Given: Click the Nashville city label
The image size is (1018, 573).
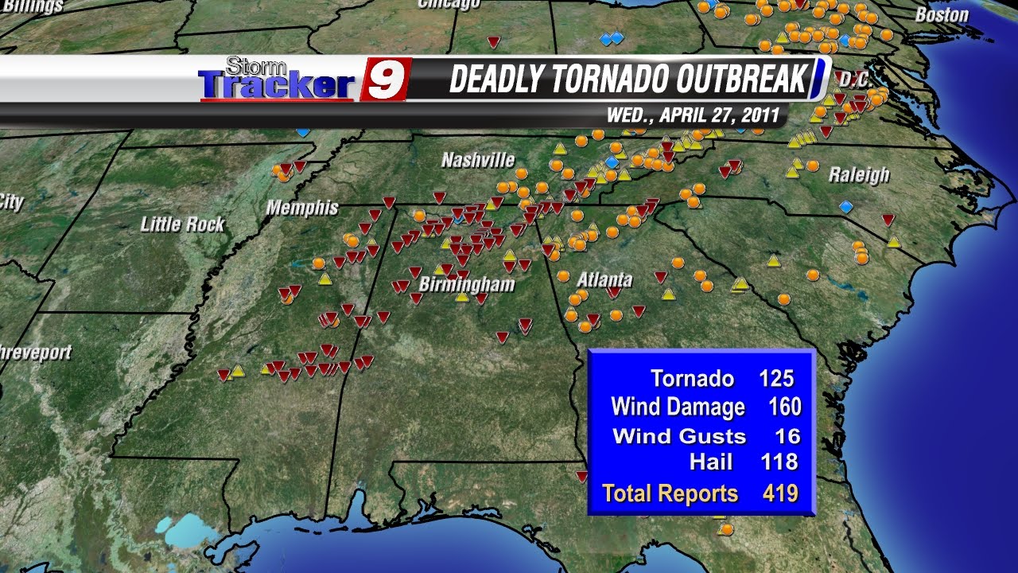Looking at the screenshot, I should [x=478, y=161].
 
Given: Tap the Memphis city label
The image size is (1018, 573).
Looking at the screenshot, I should [x=302, y=209].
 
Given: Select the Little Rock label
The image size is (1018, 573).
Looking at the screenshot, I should [x=183, y=224].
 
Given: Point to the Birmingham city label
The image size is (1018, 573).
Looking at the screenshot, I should [x=467, y=285].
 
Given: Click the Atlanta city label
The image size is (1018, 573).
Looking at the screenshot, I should [x=604, y=280].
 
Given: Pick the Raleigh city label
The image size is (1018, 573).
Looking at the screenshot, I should [x=859, y=175].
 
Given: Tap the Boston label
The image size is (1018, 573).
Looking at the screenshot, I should [x=942, y=14].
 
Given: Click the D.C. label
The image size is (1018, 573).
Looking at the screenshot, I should [x=855, y=80].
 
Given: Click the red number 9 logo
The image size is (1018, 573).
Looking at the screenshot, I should [x=387, y=80].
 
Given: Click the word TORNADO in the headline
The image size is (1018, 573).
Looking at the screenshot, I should [x=609, y=80].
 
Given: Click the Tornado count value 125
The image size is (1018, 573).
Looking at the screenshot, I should [x=776, y=378].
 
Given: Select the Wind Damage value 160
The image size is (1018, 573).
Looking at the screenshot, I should [x=784, y=407].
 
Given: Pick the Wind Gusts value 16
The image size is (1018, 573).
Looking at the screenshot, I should [x=787, y=435].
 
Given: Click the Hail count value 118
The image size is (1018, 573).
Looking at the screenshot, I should [x=779, y=461].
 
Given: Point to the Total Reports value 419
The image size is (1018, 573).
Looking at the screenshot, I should [x=779, y=493].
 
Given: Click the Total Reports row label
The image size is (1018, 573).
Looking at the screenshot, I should [x=670, y=493].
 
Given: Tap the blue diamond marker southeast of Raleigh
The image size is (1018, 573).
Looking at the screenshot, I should [x=845, y=206].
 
